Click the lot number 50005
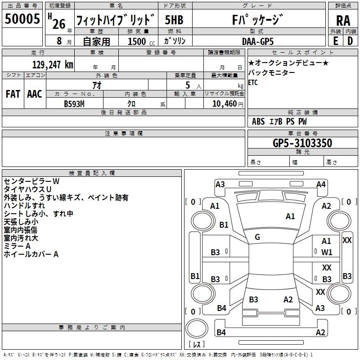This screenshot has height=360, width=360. (x=22, y=18)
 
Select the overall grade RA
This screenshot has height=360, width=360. (x=343, y=21)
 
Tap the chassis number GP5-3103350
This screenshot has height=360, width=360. (x=302, y=143)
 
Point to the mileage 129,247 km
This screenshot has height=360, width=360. (x=53, y=64)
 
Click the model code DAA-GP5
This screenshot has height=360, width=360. (x=258, y=41)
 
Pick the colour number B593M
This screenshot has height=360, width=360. (x=74, y=104)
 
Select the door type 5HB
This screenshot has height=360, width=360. (x=174, y=20)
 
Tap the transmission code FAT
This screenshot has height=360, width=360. (x=13, y=94)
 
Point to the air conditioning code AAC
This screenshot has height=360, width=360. (x=35, y=94)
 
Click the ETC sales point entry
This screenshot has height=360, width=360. (x=253, y=82)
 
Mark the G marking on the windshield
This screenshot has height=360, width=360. (x=257, y=237)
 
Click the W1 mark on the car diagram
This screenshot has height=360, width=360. (x=327, y=252)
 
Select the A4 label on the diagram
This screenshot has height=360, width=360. (x=321, y=184)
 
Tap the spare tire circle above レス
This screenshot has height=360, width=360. (x=197, y=328)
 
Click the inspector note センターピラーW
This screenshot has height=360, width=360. (x=31, y=181)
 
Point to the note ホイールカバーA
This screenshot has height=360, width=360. (x=31, y=254)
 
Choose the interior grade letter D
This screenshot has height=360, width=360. (x=350, y=41)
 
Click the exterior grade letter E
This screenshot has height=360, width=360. (x=336, y=41)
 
